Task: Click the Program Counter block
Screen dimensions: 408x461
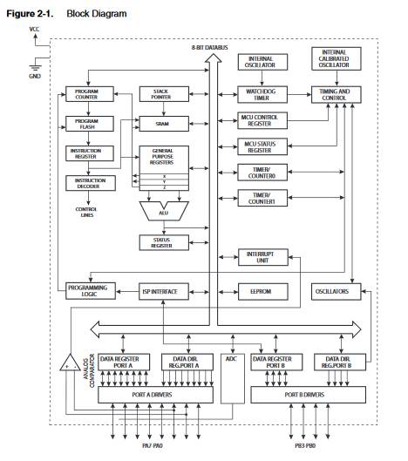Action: (x=90, y=94)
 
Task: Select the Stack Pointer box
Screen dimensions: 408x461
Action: (x=164, y=94)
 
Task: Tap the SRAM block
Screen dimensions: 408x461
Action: (x=164, y=124)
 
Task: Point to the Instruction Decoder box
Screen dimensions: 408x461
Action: (x=91, y=183)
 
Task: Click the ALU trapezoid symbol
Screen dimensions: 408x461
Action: (x=164, y=211)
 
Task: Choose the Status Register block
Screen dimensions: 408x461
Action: (x=164, y=242)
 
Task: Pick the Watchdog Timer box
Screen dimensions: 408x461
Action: (x=262, y=95)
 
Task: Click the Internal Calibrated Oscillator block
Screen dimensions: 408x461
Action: (x=337, y=58)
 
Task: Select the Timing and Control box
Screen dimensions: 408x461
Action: (x=337, y=95)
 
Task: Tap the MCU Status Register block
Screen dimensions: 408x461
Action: (x=262, y=146)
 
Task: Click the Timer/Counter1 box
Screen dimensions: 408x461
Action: (x=262, y=198)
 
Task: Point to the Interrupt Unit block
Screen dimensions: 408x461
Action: (x=263, y=257)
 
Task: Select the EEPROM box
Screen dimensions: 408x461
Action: (x=263, y=292)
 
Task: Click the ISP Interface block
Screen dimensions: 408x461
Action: (x=164, y=292)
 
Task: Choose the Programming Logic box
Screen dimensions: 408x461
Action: (x=91, y=291)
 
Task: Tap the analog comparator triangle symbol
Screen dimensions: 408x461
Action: (x=70, y=363)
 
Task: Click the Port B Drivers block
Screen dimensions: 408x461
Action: (x=308, y=395)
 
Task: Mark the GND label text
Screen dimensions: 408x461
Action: (x=35, y=76)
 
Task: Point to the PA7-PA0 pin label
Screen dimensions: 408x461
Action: (x=153, y=445)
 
